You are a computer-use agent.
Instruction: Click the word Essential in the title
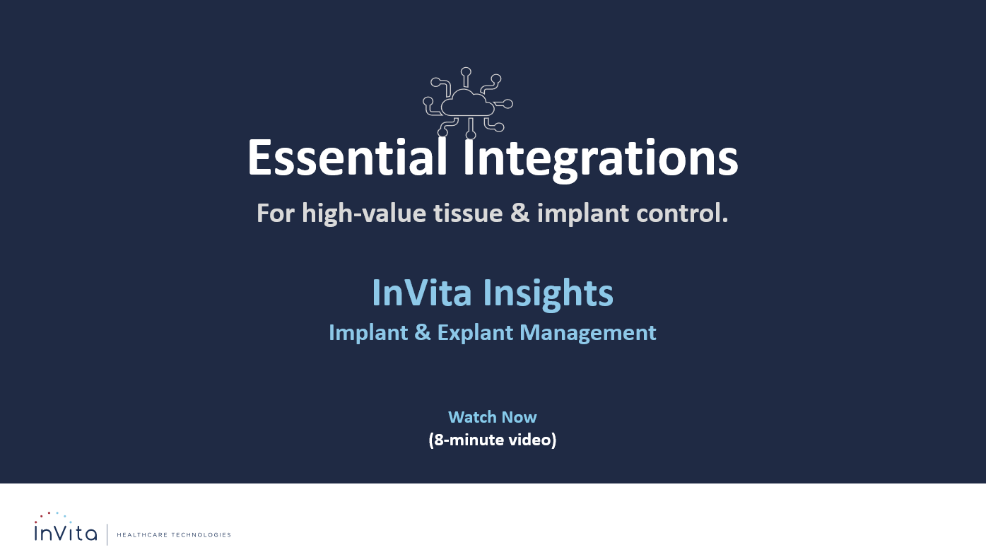pyautogui.click(x=347, y=158)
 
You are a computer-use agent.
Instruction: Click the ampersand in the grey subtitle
pyautogui.click(x=520, y=213)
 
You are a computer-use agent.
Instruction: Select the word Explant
pyautogui.click(x=475, y=332)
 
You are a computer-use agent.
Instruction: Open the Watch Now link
pyautogui.click(x=492, y=417)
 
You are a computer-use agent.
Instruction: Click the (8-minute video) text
pyautogui.click(x=492, y=440)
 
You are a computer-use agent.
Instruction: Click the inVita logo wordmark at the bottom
pyautogui.click(x=66, y=532)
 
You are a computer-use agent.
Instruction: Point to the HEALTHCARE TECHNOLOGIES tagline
pyautogui.click(x=173, y=535)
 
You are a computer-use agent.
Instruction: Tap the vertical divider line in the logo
pyautogui.click(x=107, y=534)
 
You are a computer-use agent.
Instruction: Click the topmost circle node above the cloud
pyautogui.click(x=466, y=71)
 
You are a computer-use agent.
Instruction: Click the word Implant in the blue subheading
pyautogui.click(x=368, y=332)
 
